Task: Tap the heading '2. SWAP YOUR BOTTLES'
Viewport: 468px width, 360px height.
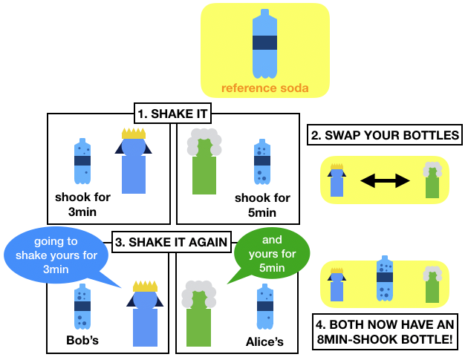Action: point(383,136)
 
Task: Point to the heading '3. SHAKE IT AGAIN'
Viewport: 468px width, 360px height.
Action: point(171,240)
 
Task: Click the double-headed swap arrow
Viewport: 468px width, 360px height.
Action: point(385,180)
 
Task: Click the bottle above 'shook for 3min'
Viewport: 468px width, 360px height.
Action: point(82,160)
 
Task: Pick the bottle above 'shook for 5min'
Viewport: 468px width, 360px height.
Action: point(261,161)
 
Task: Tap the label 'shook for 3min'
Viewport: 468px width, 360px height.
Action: point(83,205)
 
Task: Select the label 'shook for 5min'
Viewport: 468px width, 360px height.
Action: point(262,206)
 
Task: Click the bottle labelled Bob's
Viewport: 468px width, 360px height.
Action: point(82,306)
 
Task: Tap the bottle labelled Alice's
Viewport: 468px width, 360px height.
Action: point(264,306)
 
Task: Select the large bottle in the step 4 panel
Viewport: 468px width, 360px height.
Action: point(384,280)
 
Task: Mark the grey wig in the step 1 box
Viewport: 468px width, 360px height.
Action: point(204,143)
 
